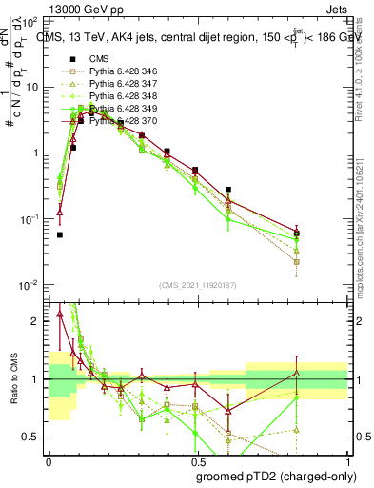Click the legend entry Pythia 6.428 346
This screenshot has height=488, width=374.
pyautogui.click(x=116, y=71)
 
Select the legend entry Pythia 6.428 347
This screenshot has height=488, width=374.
pyautogui.click(x=116, y=84)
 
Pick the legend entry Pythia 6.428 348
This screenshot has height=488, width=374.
pyautogui.click(x=116, y=96)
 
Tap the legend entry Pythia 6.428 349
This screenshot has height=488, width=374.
pyautogui.click(x=116, y=109)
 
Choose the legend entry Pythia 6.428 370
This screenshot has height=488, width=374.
pyautogui.click(x=116, y=121)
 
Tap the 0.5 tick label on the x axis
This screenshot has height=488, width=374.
pyautogui.click(x=195, y=460)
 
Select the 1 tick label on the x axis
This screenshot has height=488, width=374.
pyautogui.click(x=343, y=460)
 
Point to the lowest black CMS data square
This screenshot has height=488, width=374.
pyautogui.click(x=60, y=234)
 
